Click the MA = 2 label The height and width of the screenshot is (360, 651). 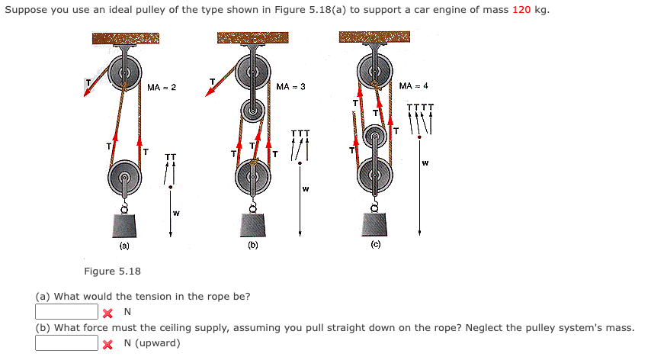[162, 88]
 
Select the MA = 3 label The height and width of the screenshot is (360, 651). [290, 87]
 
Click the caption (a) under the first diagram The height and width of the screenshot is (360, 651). [123, 246]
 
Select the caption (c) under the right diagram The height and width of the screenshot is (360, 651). [376, 245]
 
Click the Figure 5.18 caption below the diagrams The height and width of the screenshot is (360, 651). [112, 272]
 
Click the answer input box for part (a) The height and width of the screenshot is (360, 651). [67, 312]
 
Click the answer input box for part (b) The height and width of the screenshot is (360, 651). [67, 343]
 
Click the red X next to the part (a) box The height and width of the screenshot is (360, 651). [109, 313]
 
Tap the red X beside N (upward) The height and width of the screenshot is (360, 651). [109, 344]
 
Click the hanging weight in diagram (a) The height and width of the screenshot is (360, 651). [123, 226]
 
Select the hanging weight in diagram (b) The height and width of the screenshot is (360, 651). [252, 225]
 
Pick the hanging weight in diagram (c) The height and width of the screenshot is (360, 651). [376, 225]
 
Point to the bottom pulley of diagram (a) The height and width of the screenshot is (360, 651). [123, 182]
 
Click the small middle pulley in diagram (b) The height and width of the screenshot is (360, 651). [252, 111]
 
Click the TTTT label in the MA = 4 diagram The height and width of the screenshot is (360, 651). [420, 108]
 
